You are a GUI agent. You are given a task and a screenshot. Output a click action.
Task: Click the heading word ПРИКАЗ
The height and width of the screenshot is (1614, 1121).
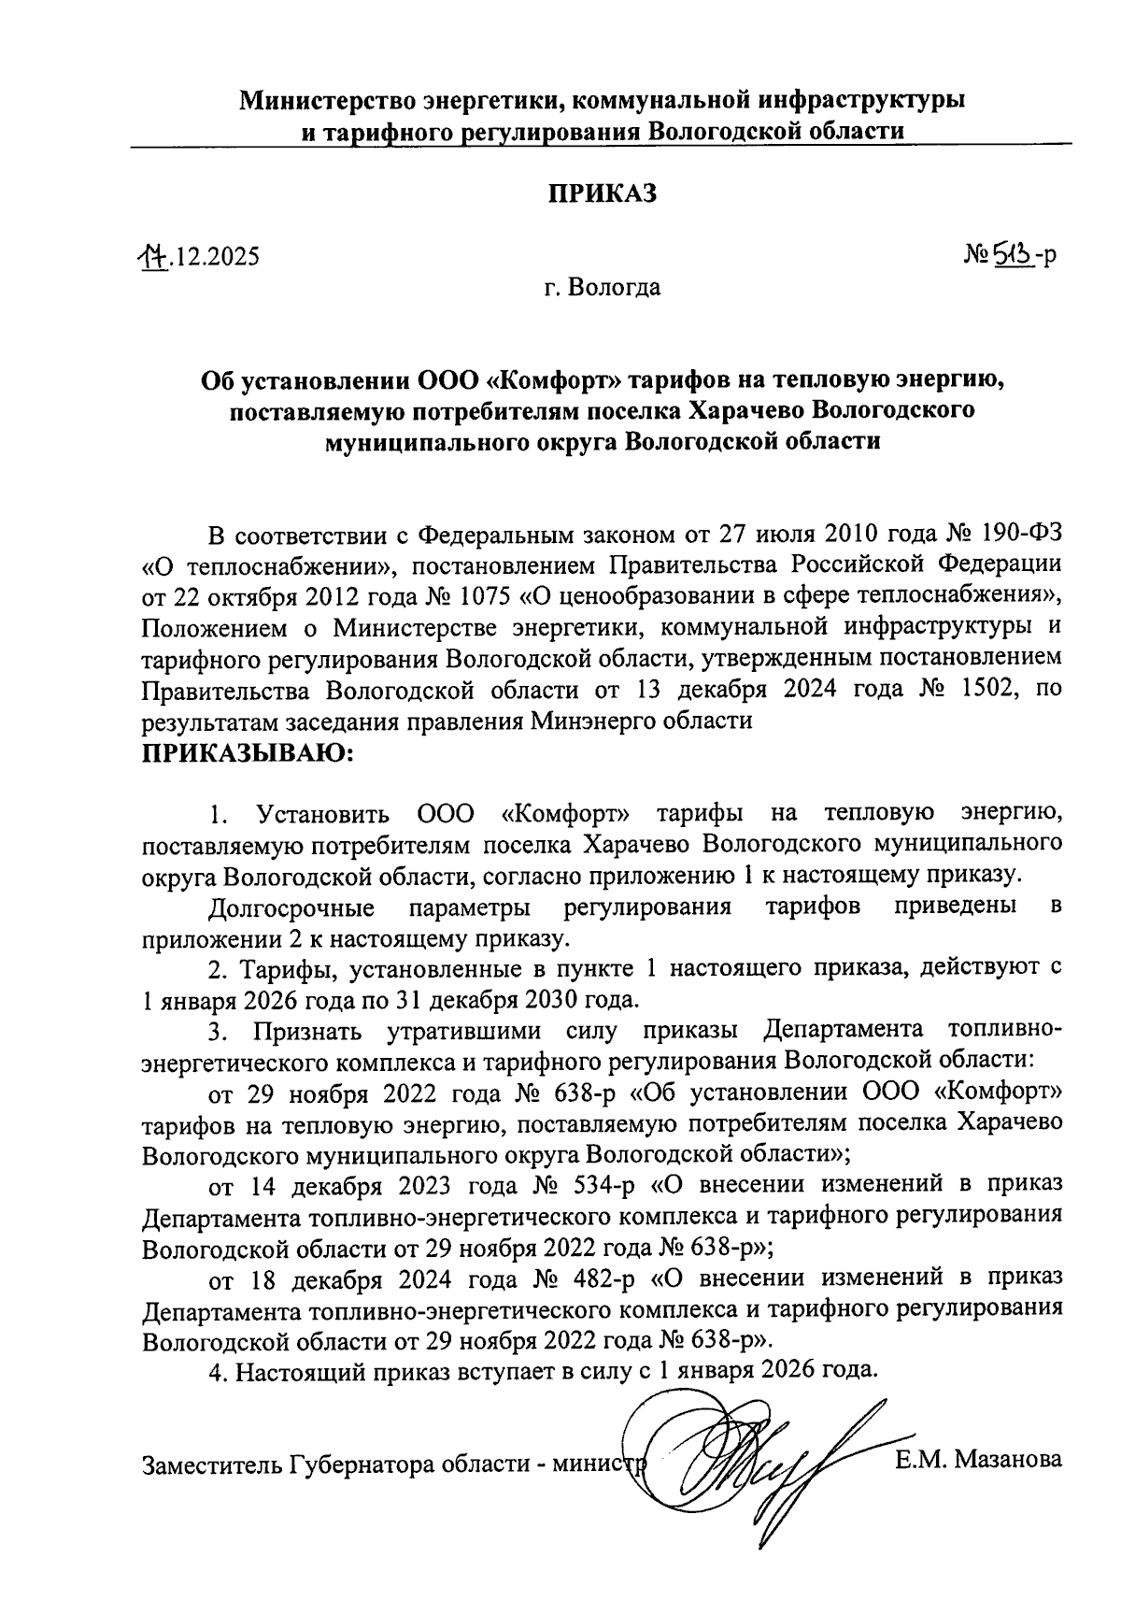[602, 193]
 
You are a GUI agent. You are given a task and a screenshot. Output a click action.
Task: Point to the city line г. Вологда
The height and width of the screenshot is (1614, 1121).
[603, 287]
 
